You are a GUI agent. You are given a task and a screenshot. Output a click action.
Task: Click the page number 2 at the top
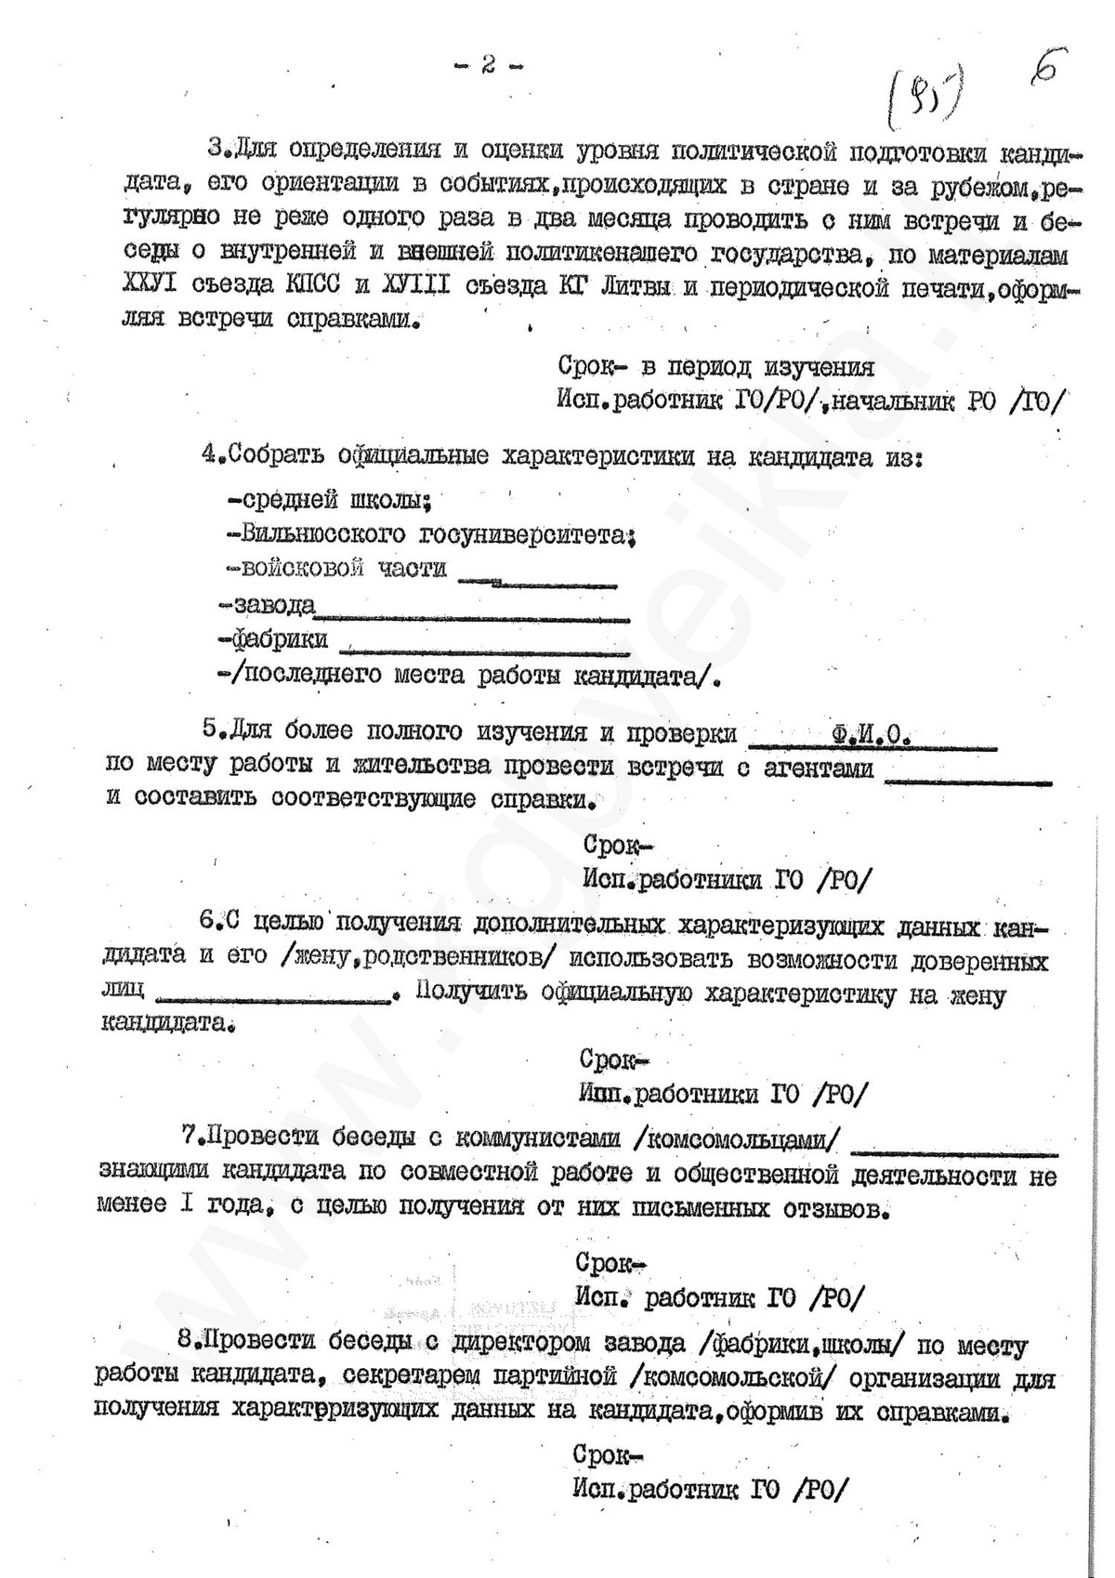click(x=488, y=65)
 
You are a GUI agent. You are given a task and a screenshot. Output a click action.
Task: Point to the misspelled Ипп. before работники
click(x=605, y=1095)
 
